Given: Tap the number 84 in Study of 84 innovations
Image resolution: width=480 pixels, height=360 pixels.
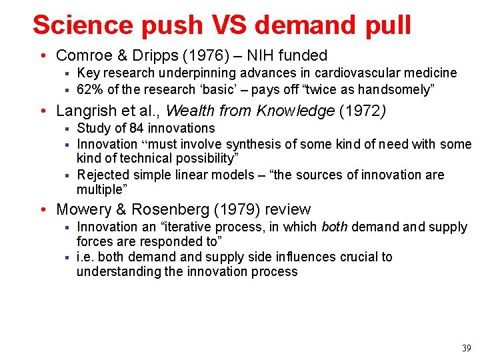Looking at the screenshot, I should pos(137,128).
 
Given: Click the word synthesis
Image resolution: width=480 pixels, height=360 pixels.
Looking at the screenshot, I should pos(253,144).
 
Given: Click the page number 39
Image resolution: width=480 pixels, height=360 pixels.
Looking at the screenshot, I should pos(466,348).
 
